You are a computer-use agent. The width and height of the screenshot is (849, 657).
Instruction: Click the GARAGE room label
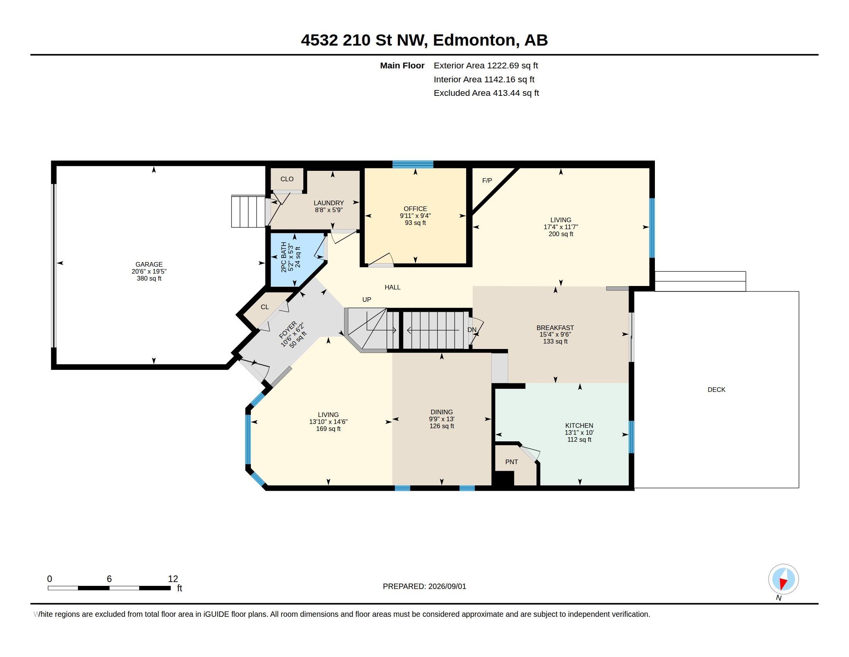coord(149,264)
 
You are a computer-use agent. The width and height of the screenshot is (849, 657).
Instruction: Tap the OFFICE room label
coord(415,209)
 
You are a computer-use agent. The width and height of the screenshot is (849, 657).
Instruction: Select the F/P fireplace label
coord(487,180)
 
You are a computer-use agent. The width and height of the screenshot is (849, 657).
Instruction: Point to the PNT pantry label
coord(512,462)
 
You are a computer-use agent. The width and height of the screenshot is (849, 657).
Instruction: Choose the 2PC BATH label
coord(284,257)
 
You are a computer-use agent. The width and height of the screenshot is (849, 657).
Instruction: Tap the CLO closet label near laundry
coord(287,179)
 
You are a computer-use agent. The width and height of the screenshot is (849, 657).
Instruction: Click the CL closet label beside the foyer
coord(265,307)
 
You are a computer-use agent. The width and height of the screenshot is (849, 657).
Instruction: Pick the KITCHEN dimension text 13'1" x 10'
coord(579,432)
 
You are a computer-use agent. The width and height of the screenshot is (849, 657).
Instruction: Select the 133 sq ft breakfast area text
coord(555,341)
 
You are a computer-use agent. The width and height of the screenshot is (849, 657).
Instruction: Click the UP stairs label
coord(367,300)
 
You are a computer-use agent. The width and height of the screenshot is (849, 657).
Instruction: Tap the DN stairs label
coord(472,330)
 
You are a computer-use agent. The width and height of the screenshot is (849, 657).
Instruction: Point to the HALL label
coord(392,287)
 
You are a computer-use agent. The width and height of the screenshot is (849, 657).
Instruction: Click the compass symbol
coord(783,579)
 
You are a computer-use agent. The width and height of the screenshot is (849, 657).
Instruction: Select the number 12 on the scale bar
coord(173,579)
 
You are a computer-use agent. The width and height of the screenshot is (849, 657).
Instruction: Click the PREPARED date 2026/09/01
coord(447,586)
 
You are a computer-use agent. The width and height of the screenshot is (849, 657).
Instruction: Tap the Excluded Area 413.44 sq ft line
coord(486,93)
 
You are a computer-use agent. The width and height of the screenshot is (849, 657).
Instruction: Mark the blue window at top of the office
coord(413,164)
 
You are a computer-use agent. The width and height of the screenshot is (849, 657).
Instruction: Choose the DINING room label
coord(441,412)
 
